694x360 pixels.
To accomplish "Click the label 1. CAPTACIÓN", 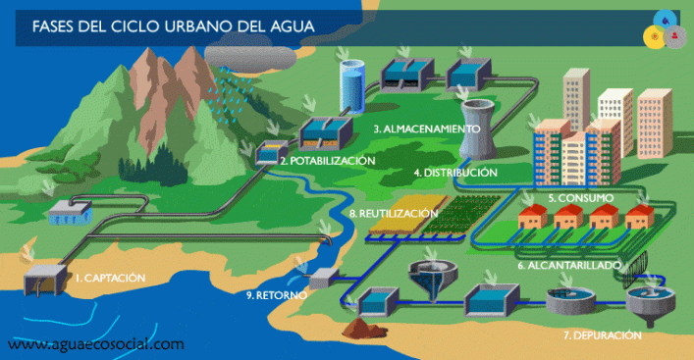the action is (110, 278).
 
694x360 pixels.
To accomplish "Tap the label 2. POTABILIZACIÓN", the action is (327, 160).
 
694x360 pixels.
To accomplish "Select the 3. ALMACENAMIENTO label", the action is (426, 129).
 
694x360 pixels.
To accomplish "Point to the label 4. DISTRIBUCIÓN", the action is (454, 173).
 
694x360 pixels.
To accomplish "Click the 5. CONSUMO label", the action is (580, 198).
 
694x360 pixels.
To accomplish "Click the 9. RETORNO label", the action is (277, 293).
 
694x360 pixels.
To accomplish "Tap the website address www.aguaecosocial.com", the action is (95, 344).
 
